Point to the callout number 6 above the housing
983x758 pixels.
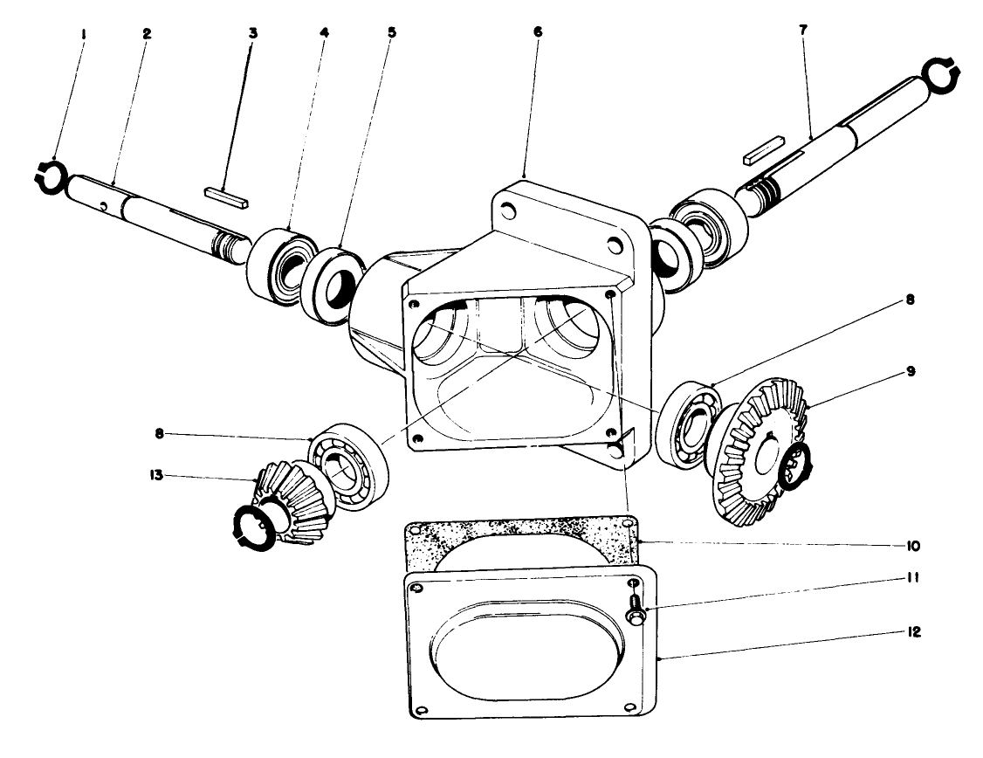pos(537,31)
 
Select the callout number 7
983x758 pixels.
pos(802,29)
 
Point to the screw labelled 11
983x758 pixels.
pos(634,607)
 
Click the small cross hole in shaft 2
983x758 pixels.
pos(104,205)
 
